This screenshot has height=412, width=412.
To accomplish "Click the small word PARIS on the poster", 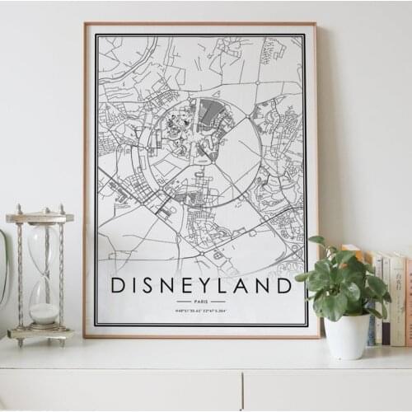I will [201, 302].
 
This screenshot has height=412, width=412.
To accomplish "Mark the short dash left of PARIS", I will [183, 302].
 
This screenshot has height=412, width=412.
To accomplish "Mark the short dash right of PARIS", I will [219, 302].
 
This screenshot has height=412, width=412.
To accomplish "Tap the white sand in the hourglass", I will [44, 314].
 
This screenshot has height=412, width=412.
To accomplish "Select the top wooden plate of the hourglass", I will [40, 218].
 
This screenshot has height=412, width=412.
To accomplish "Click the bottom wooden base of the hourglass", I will [40, 333].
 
